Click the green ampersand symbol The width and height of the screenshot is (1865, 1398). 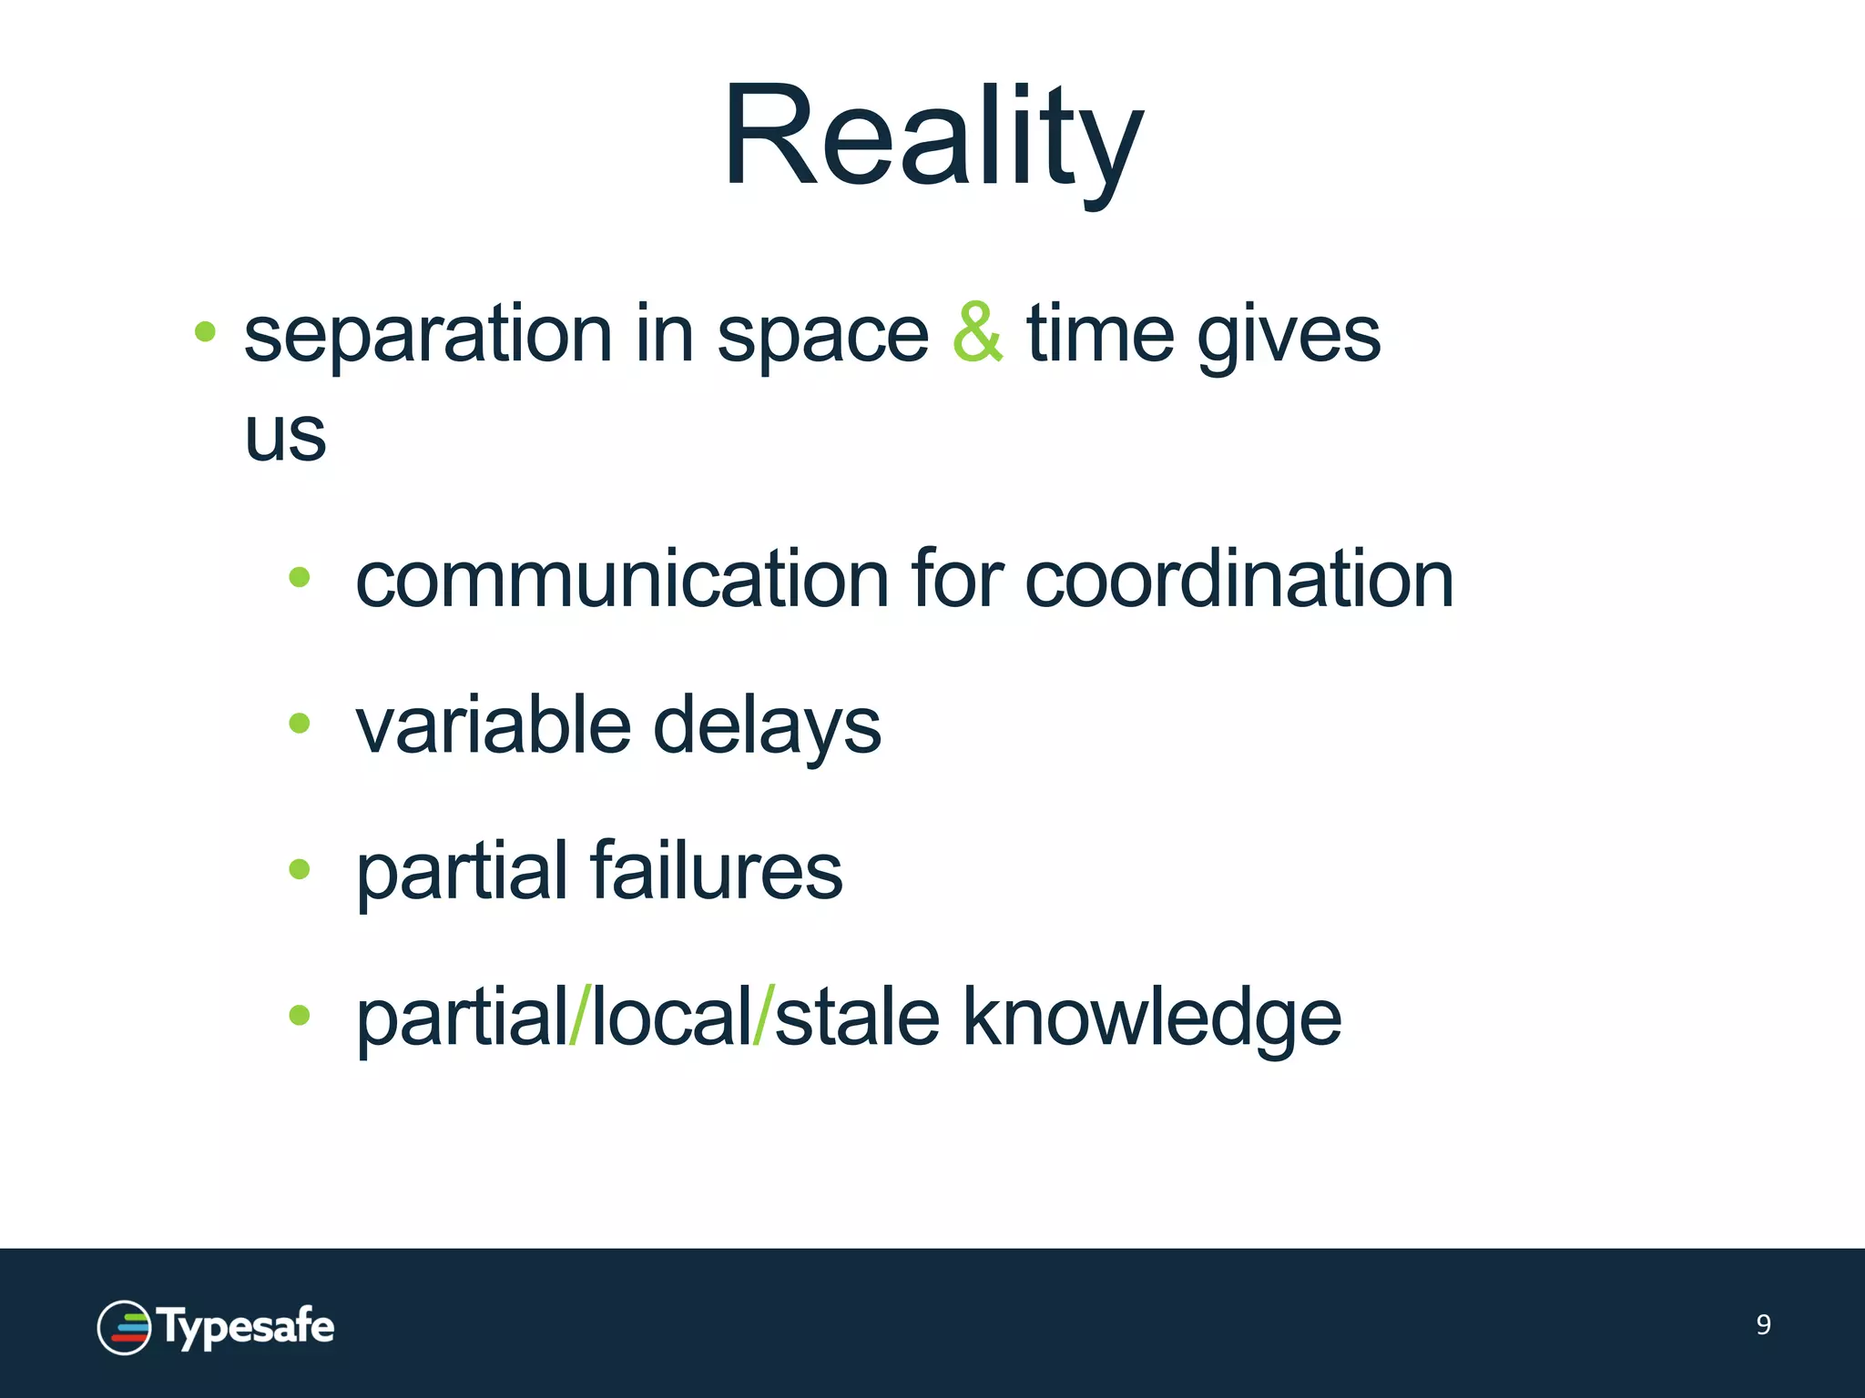(x=977, y=334)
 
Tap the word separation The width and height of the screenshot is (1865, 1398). (x=428, y=336)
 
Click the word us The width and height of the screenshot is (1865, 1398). (x=285, y=435)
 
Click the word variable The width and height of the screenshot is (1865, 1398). (x=493, y=725)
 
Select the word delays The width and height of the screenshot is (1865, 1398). (x=767, y=728)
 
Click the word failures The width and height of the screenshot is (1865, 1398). (x=717, y=871)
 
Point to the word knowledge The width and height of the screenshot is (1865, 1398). (x=1151, y=1018)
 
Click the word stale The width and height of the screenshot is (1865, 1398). (x=857, y=1017)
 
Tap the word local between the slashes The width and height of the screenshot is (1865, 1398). (x=672, y=1017)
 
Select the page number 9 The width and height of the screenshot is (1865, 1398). (x=1763, y=1324)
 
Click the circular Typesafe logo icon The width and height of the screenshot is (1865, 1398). (x=124, y=1327)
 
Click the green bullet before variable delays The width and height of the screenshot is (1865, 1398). (x=299, y=724)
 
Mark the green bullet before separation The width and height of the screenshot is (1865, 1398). (x=205, y=331)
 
